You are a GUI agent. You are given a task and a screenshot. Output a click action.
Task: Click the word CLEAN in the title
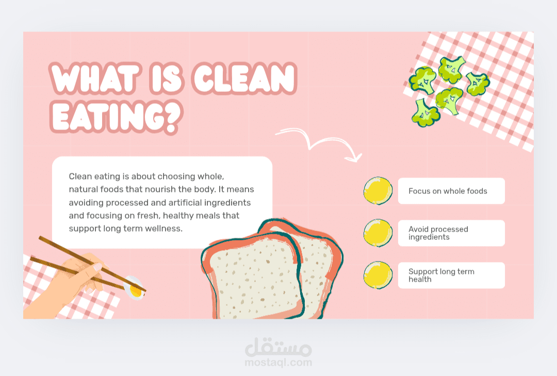[x=244, y=78]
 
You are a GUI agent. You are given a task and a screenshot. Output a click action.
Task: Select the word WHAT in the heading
[x=95, y=78]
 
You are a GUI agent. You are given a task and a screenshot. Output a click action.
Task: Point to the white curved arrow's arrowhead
[x=354, y=158]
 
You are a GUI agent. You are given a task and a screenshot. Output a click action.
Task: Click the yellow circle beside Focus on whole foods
[x=378, y=191]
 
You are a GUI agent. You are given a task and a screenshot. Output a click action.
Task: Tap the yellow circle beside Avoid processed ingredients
[x=378, y=233]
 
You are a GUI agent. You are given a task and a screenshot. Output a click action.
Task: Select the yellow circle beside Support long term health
[x=378, y=275]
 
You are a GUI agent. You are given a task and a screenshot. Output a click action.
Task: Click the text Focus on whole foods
[x=448, y=191]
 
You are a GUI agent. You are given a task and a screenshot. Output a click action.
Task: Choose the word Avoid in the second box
[x=418, y=229]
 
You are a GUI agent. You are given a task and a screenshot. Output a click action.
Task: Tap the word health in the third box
[x=420, y=280]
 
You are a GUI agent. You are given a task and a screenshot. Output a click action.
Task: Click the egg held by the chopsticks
[x=134, y=287]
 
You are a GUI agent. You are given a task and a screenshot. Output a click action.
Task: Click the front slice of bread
[x=254, y=277]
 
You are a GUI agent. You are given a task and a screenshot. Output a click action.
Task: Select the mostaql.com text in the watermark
[x=278, y=363]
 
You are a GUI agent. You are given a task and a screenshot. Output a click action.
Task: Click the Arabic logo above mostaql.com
[x=278, y=347]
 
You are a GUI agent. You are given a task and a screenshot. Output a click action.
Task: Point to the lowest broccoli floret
[x=425, y=113]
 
